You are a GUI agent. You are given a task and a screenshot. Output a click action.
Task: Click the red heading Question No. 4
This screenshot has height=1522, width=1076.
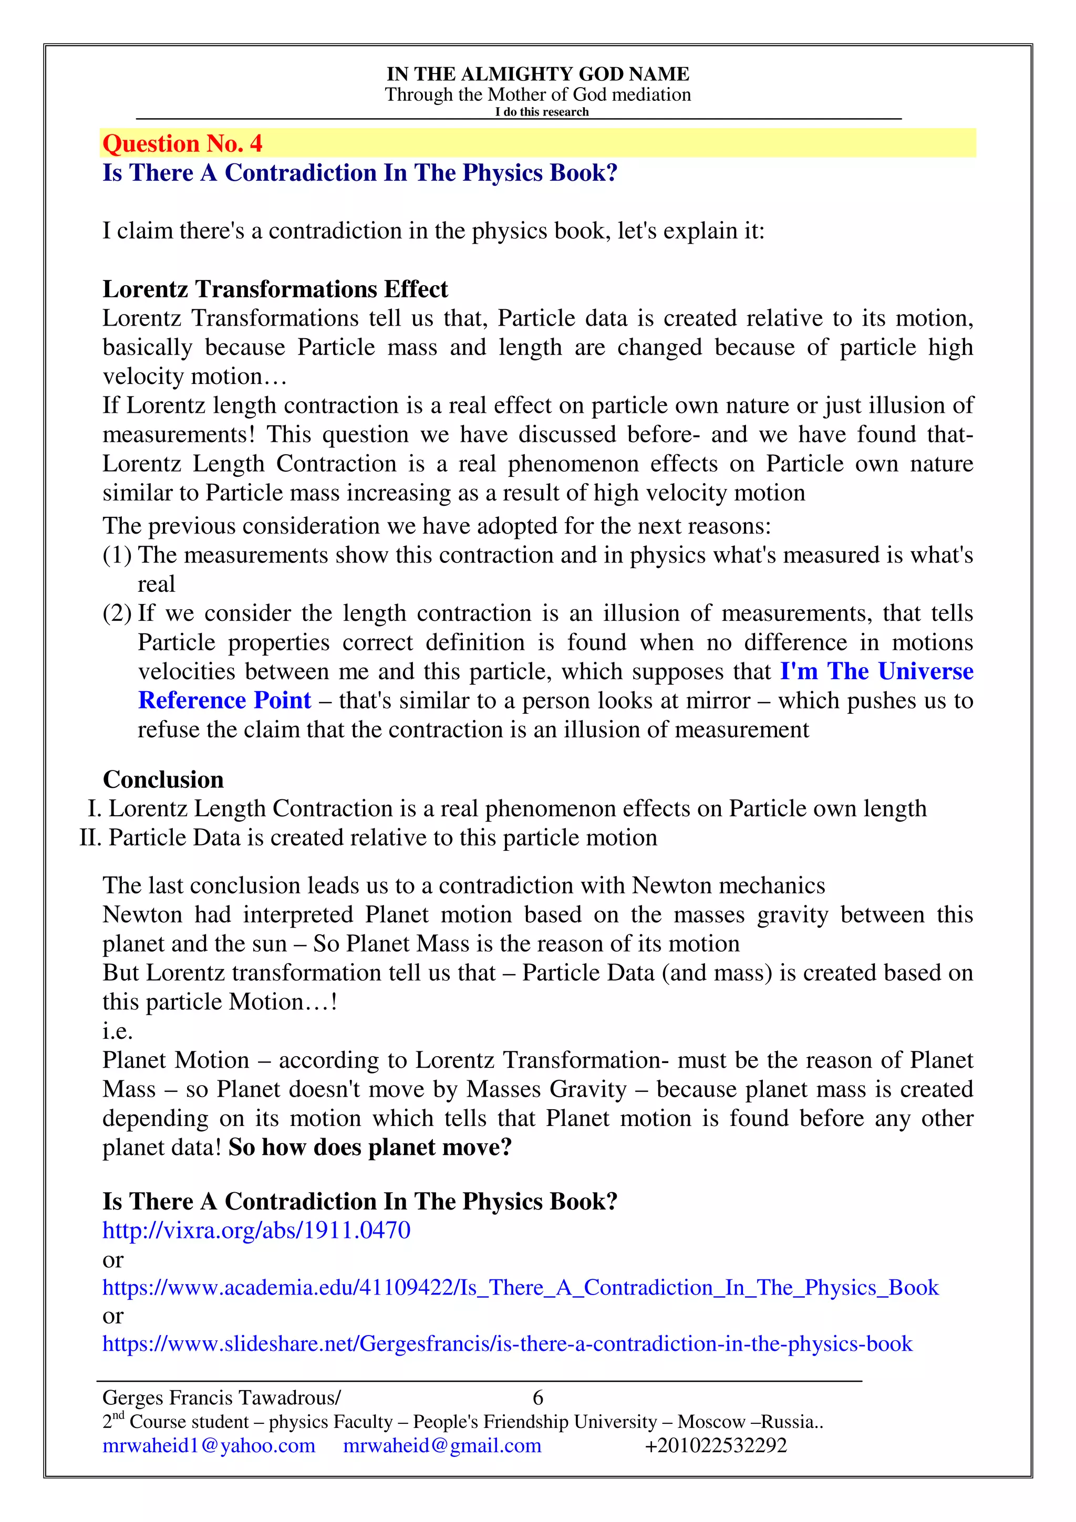(182, 144)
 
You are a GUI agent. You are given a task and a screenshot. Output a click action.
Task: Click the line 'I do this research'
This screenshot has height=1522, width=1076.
(541, 112)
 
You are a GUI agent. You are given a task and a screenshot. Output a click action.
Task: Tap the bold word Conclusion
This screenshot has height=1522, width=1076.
(163, 779)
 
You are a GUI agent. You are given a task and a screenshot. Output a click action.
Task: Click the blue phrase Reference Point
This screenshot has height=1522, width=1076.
(225, 701)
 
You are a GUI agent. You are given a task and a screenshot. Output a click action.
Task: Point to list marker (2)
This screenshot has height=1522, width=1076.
(117, 613)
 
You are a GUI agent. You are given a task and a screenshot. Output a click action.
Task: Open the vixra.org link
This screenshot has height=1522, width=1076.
(256, 1231)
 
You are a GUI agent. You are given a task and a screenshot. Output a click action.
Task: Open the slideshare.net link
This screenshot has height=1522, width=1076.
(507, 1343)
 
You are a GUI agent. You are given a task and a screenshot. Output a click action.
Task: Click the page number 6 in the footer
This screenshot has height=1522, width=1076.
(537, 1398)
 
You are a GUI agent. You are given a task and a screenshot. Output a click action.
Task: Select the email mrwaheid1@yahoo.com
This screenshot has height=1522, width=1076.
(209, 1446)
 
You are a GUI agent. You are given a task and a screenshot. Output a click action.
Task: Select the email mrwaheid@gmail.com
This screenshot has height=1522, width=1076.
(442, 1446)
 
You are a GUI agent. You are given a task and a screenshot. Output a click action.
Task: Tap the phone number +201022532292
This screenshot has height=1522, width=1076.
(716, 1446)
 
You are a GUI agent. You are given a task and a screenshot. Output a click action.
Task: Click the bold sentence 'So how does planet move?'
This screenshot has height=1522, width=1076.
(370, 1148)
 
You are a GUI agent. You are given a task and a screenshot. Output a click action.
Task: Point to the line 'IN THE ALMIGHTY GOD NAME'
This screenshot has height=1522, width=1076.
(537, 74)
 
